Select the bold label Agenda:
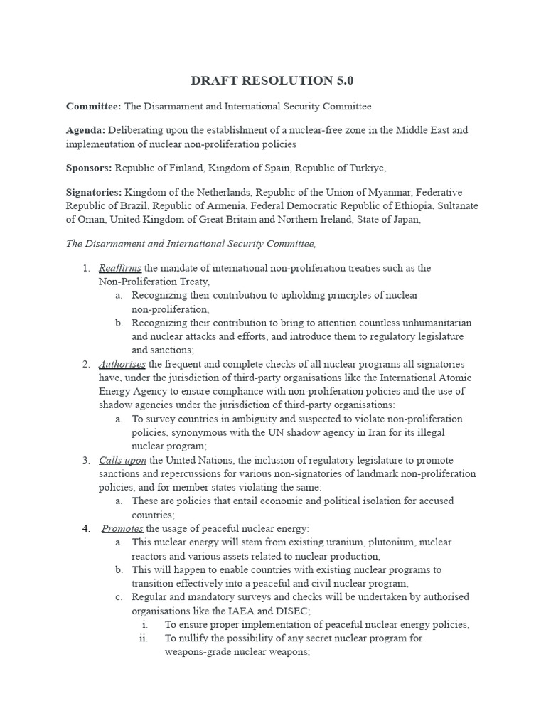(x=85, y=130)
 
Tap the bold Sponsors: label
(x=89, y=168)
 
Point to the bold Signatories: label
(x=94, y=192)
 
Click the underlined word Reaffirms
(x=120, y=268)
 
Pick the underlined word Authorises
(x=122, y=364)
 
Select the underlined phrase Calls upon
(x=122, y=460)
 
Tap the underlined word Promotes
(x=123, y=528)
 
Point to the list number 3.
(x=85, y=460)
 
